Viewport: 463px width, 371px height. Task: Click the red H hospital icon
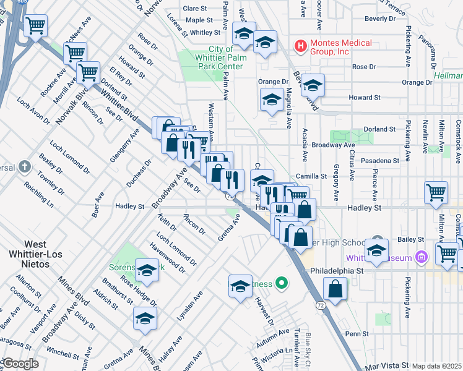click(300, 46)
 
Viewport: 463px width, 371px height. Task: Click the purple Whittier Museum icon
click(422, 257)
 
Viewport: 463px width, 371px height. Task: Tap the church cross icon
click(24, 167)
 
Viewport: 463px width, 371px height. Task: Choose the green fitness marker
click(282, 284)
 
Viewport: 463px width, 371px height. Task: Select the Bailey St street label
click(411, 239)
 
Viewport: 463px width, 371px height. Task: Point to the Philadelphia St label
click(344, 270)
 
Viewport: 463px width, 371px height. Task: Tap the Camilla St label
click(310, 176)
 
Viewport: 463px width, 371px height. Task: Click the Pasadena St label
click(380, 160)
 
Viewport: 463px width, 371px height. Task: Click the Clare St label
click(195, 9)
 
